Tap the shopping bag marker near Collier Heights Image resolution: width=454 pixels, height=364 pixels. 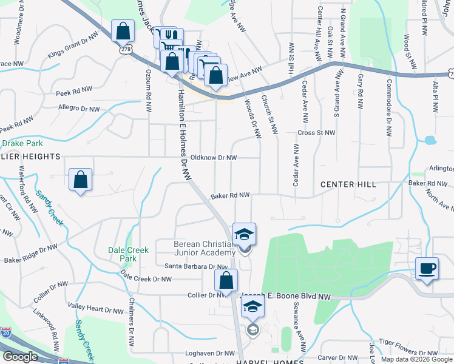point(80,180)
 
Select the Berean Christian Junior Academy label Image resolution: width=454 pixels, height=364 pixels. point(204,248)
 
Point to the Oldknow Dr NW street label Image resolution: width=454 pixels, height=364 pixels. point(213,157)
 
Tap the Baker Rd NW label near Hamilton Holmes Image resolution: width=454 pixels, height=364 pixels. point(230,195)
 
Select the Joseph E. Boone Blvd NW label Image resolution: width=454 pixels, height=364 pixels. point(286,296)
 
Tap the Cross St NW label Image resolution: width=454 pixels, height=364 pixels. point(316,132)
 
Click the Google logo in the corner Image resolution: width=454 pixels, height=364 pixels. point(20,357)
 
